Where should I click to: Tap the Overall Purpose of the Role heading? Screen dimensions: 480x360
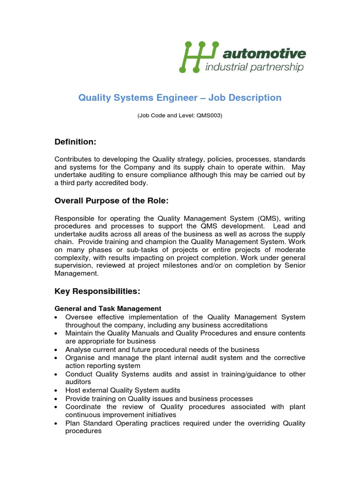coord(111,201)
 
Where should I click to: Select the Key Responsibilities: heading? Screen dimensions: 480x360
coord(97,291)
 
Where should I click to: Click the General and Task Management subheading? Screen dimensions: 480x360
coord(108,308)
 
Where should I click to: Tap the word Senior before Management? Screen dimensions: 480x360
coord(293,266)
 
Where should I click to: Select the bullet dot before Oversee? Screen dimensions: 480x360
coord(57,317)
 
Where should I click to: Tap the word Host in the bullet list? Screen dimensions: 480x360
coord(73,390)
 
